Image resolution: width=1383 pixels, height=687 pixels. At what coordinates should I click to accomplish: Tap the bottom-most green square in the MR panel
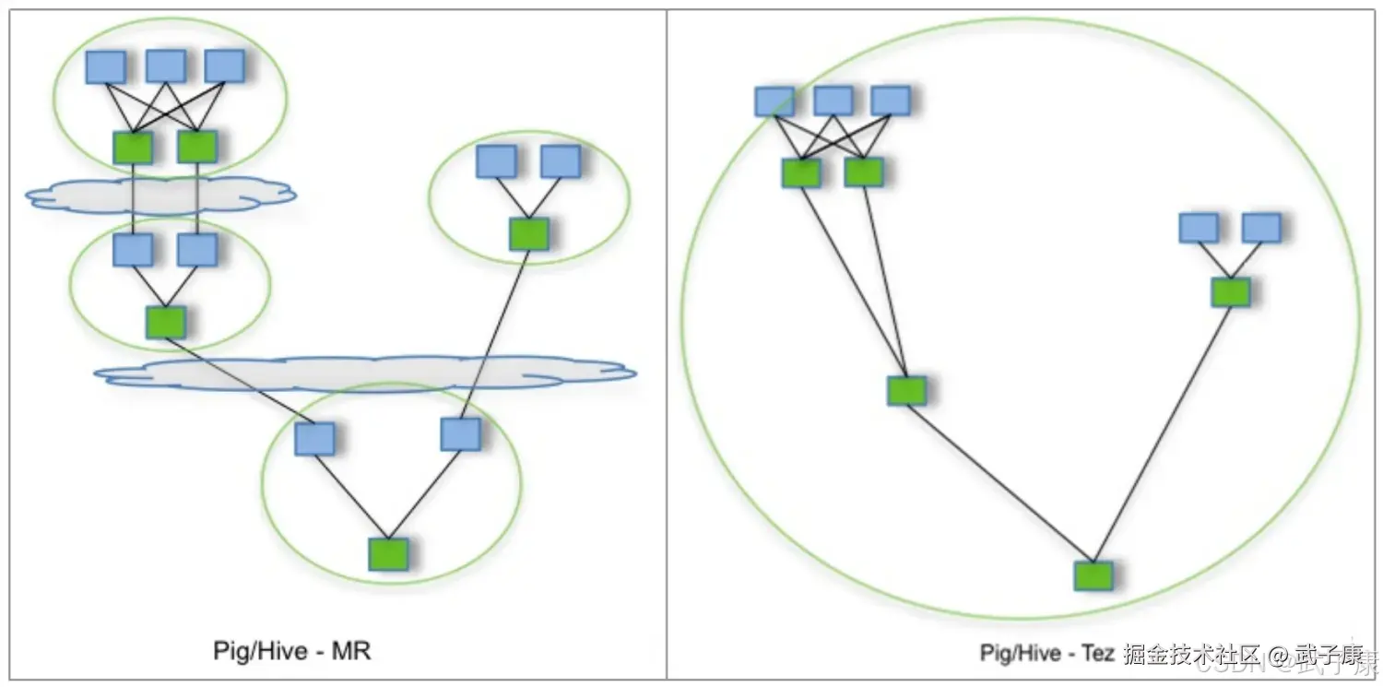click(388, 553)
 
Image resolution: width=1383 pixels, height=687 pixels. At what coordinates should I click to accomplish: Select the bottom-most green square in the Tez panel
click(1093, 575)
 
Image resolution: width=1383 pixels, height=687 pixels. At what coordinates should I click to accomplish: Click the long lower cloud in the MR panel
click(364, 373)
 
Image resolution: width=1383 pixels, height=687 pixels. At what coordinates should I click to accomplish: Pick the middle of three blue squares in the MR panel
click(166, 66)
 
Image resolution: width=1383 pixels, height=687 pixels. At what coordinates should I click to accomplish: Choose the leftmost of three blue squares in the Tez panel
click(774, 101)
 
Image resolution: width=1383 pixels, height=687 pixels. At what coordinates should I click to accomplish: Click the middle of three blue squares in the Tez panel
click(833, 101)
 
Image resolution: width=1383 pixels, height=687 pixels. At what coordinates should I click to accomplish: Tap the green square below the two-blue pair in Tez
click(1230, 292)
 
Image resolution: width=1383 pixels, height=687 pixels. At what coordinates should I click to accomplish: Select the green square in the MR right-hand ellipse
click(529, 234)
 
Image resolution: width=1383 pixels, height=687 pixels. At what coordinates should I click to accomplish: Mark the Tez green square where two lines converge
click(906, 390)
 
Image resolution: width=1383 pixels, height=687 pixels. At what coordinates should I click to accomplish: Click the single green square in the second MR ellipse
click(166, 322)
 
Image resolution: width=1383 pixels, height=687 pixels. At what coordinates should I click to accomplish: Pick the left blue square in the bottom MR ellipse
click(314, 439)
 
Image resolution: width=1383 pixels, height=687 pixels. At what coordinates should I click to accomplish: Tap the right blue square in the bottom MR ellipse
click(460, 433)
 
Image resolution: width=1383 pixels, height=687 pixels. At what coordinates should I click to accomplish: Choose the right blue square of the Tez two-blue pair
click(1261, 228)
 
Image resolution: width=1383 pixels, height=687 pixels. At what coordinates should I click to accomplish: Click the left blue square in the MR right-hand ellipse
click(496, 161)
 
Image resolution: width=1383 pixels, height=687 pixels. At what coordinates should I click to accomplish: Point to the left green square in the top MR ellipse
click(133, 147)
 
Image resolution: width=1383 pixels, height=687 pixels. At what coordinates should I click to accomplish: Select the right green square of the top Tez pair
click(864, 172)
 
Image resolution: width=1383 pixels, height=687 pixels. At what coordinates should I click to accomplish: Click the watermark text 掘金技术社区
click(1191, 655)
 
